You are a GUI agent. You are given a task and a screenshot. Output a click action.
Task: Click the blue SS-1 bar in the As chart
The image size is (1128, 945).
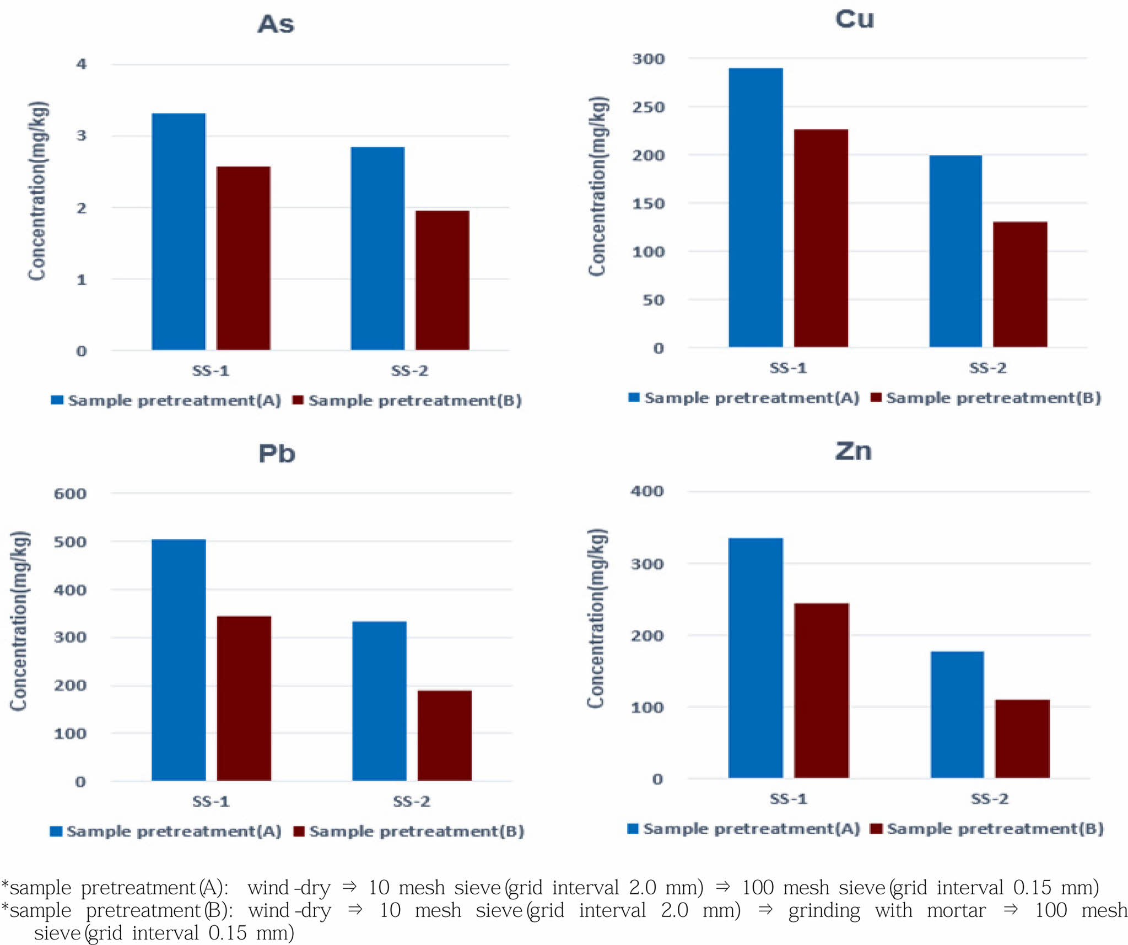click(179, 231)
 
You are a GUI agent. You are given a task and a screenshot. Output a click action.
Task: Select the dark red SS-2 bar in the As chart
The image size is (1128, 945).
click(442, 280)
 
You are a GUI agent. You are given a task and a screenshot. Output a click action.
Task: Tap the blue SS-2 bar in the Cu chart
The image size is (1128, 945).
click(956, 251)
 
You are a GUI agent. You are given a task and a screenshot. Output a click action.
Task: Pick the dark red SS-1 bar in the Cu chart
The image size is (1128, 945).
click(821, 238)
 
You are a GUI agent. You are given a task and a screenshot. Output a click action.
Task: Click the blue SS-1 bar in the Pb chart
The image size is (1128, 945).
click(179, 660)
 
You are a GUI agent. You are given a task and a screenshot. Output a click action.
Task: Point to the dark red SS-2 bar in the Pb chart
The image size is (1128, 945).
click(444, 735)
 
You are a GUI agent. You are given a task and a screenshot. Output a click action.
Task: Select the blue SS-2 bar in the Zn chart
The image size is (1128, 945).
click(957, 714)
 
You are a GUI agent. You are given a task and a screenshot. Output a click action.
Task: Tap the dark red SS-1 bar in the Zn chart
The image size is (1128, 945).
click(821, 690)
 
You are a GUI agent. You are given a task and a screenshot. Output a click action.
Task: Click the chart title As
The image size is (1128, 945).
click(276, 24)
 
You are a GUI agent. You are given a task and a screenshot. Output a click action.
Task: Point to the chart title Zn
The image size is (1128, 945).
click(853, 451)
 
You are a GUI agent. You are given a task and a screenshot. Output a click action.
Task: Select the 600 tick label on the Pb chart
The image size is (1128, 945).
click(70, 493)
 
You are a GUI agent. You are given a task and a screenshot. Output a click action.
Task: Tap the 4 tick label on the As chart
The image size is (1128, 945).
click(82, 64)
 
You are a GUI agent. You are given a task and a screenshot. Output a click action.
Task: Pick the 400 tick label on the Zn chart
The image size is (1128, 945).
click(647, 491)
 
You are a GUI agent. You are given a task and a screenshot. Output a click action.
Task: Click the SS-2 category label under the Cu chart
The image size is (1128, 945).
click(987, 368)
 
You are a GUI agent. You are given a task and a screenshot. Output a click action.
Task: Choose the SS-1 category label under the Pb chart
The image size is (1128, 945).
click(211, 801)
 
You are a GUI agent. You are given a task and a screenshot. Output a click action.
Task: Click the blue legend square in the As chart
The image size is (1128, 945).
click(57, 400)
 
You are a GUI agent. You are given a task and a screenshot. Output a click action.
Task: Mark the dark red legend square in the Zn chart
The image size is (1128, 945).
click(876, 829)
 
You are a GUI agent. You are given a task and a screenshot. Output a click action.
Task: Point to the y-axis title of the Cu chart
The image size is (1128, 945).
click(597, 186)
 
